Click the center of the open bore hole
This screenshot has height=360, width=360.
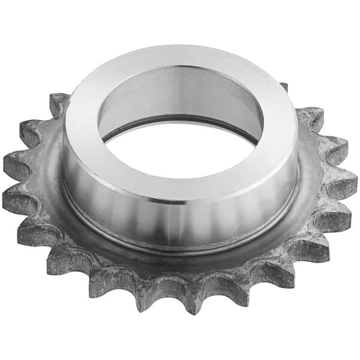click(x=180, y=147)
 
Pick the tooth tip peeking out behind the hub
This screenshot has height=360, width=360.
click(x=284, y=86)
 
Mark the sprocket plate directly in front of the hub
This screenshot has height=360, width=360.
click(x=180, y=264)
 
